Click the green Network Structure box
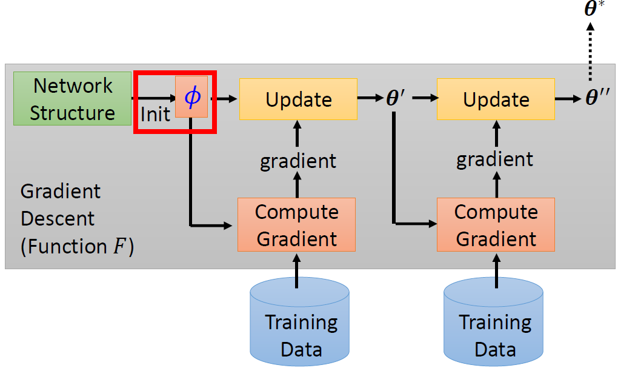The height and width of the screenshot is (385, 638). click(x=72, y=98)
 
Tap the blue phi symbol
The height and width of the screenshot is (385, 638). click(x=191, y=97)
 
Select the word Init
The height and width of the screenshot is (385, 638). click(x=155, y=113)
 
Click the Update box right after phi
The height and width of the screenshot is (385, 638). click(x=298, y=99)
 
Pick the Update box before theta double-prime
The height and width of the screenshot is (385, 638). click(x=496, y=99)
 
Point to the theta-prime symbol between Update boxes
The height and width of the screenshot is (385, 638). click(x=396, y=99)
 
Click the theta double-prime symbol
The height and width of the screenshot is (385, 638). click(x=599, y=99)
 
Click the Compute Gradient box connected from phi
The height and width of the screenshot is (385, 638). click(x=296, y=225)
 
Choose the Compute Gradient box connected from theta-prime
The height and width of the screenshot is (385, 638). click(x=496, y=225)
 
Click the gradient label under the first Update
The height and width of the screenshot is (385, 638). click(x=297, y=161)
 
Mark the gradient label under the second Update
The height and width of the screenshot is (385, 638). click(x=495, y=159)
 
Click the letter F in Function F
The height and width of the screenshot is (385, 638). click(x=121, y=247)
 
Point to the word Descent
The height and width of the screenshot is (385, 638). click(x=58, y=219)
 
